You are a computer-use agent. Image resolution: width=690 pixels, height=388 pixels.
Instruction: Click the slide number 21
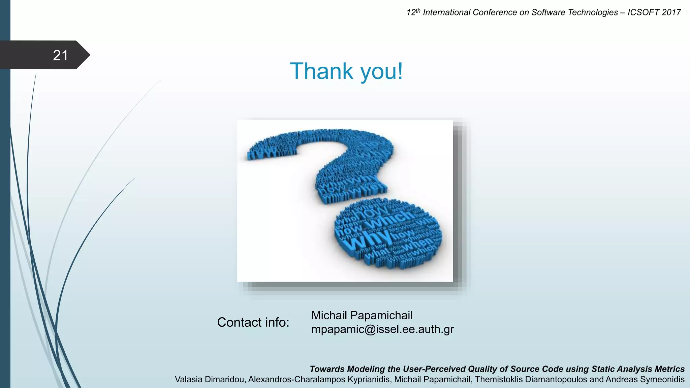coord(60,55)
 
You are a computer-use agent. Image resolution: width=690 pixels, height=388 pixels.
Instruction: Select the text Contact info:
coord(253,322)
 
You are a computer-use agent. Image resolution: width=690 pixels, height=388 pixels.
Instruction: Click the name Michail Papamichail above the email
coord(362,315)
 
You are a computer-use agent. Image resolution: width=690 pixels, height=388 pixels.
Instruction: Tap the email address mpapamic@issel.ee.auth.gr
coord(382,329)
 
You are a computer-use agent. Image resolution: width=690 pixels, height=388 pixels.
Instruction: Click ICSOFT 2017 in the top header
coord(654,12)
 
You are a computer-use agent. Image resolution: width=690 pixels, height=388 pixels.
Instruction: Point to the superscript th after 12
coord(418,10)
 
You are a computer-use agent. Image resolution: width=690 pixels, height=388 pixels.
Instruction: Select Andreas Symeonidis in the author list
coord(646,380)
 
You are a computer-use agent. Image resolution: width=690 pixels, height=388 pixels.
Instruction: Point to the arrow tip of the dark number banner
coord(88,55)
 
